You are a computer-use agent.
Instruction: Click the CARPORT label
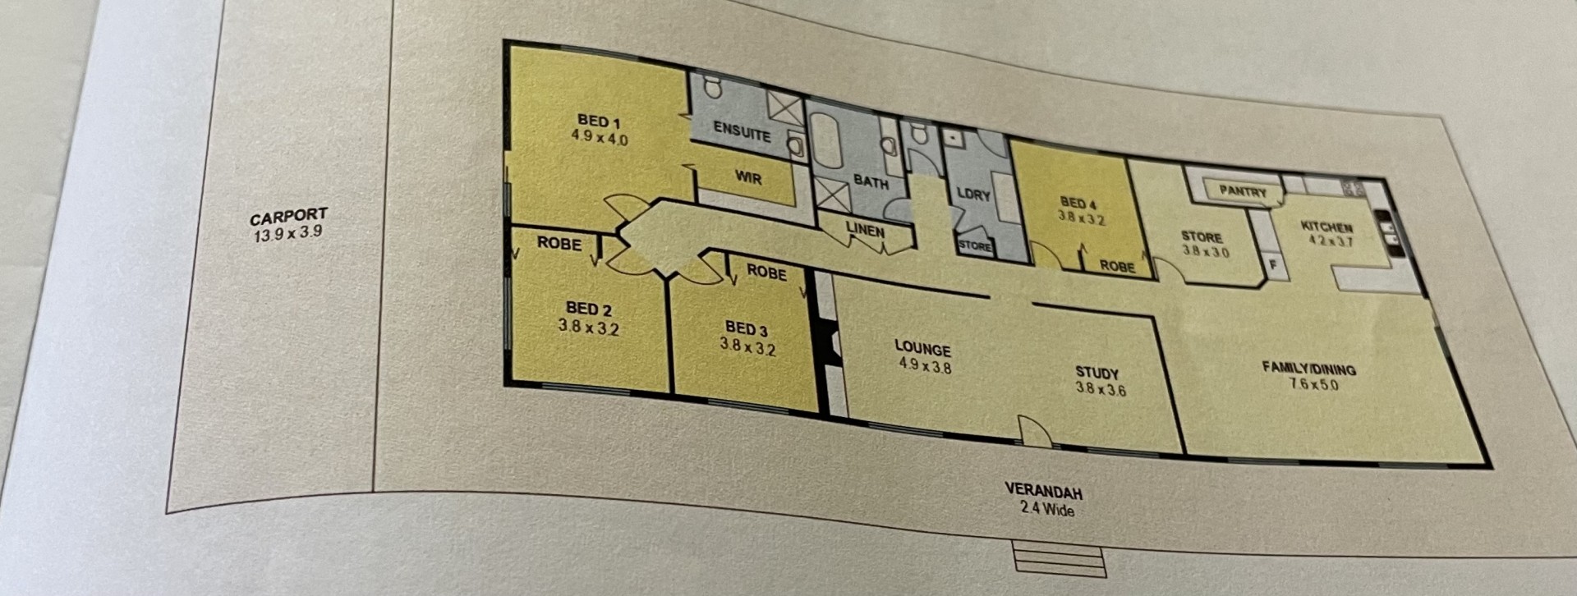point(288,218)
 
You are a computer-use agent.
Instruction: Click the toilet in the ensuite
point(712,86)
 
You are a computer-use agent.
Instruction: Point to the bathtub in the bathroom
point(825,141)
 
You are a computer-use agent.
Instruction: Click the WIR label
point(747,177)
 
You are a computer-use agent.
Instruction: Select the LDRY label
point(974,195)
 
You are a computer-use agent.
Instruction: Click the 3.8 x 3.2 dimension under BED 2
point(588,327)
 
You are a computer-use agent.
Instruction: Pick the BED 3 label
point(747,329)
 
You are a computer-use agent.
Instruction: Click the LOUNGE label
point(923,349)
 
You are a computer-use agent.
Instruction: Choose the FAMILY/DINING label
point(1309,369)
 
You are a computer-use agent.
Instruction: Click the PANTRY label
point(1243,191)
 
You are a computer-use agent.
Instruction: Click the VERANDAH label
point(1044,491)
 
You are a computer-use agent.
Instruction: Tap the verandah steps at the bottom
point(1060,557)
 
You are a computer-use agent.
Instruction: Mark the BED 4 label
point(1078,203)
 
